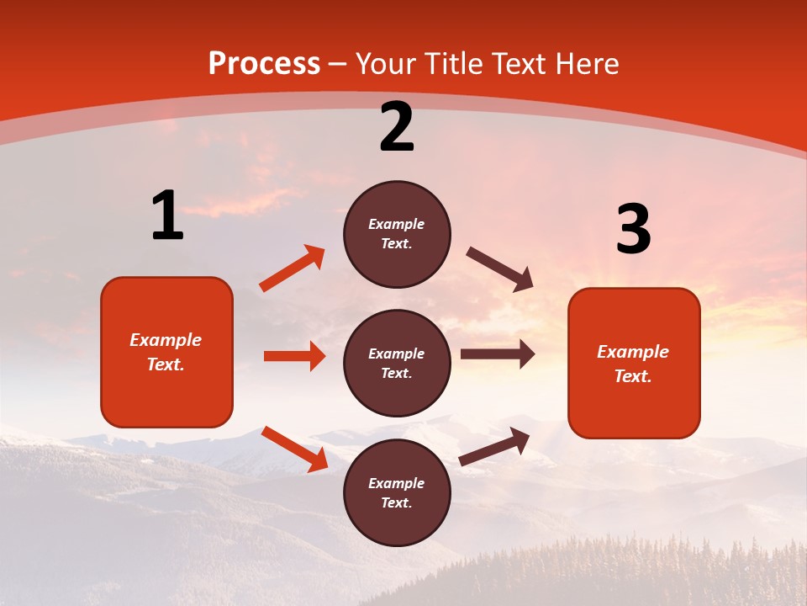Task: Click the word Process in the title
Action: (x=264, y=64)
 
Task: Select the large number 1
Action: (x=167, y=215)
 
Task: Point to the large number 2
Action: (x=397, y=128)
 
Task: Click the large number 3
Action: (x=633, y=230)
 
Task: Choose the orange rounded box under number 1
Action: (x=166, y=352)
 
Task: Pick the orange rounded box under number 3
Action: (x=634, y=363)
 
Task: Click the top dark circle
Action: (x=397, y=234)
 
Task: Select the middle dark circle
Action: (x=397, y=363)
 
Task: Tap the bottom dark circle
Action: (x=397, y=492)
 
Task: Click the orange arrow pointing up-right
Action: (x=292, y=268)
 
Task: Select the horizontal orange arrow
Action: (x=294, y=356)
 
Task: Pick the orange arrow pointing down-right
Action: (x=294, y=449)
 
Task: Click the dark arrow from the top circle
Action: (x=500, y=269)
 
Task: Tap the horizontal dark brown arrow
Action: (x=498, y=354)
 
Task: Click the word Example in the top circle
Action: (x=397, y=224)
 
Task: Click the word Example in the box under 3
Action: (x=633, y=352)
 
